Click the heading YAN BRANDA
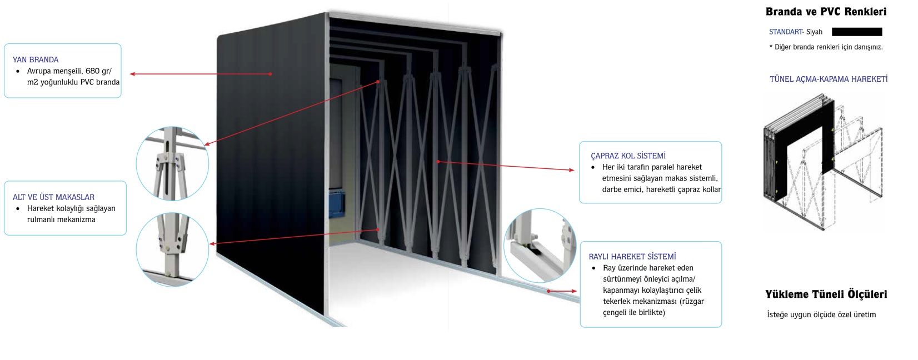36,60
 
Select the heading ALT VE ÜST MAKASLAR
53,197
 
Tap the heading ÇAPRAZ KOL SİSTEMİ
628,156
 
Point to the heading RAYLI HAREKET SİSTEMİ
632,256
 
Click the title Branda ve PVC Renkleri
826,12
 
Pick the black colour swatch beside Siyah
857,32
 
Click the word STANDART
786,32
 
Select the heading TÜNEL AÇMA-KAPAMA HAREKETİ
829,79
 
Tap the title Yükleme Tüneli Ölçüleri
826,294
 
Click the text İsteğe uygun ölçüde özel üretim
821,314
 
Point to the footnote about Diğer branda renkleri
826,47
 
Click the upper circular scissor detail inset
172,163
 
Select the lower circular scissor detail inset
172,249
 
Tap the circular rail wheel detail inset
540,245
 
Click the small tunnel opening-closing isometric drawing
823,162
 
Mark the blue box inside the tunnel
336,203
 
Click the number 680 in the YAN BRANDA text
92,71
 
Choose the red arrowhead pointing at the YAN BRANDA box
132,74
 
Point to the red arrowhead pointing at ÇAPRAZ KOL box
571,170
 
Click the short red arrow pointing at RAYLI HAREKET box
562,291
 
